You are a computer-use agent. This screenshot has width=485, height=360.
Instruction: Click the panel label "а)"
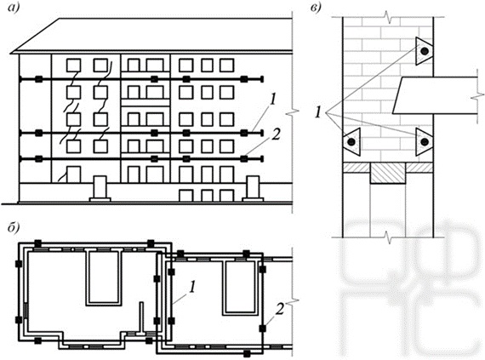pyautogui.click(x=14, y=7)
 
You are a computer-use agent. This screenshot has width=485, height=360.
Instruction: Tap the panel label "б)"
pyautogui.click(x=14, y=227)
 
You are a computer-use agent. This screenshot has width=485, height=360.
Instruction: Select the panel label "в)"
pyautogui.click(x=316, y=8)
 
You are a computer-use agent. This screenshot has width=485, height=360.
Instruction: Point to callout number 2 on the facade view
pyautogui.click(x=277, y=134)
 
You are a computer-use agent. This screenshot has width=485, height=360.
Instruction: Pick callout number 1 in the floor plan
pyautogui.click(x=192, y=287)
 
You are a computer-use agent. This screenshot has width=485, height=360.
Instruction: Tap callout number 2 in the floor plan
pyautogui.click(x=280, y=309)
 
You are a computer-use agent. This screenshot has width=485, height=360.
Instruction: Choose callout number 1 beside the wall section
pyautogui.click(x=318, y=112)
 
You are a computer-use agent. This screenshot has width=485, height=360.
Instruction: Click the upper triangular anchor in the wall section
pyautogui.click(x=423, y=51)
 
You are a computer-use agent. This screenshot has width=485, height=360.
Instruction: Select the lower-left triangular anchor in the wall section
pyautogui.click(x=352, y=141)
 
